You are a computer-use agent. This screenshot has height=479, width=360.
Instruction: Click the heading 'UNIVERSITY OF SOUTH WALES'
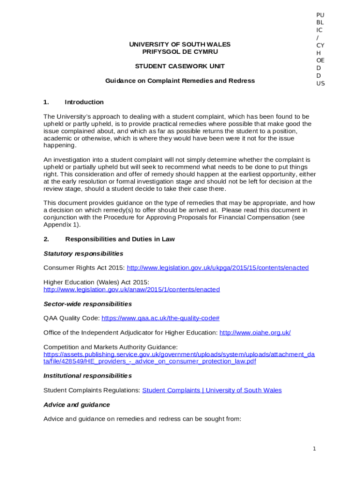pyautogui.click(x=180, y=44)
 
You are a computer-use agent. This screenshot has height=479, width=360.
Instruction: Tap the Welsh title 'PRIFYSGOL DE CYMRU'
pyautogui.click(x=180, y=52)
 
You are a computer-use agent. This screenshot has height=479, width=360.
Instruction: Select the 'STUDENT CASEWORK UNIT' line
pyautogui.click(x=180, y=66)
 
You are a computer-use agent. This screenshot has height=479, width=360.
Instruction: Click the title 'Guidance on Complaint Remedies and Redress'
pyautogui.click(x=180, y=81)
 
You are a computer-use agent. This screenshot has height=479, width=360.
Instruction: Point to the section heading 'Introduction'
pyautogui.click(x=84, y=102)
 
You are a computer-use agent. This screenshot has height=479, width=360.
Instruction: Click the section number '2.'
pyautogui.click(x=46, y=239)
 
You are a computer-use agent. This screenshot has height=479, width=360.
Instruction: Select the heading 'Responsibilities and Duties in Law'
pyautogui.click(x=120, y=239)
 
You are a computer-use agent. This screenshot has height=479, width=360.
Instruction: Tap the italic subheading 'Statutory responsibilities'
pyautogui.click(x=83, y=254)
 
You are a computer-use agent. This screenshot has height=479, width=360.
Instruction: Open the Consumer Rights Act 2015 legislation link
pyautogui.click(x=217, y=268)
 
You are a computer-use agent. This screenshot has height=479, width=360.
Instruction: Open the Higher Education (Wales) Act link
pyautogui.click(x=131, y=290)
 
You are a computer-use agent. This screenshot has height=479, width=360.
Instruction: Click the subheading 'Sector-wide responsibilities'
pyautogui.click(x=87, y=304)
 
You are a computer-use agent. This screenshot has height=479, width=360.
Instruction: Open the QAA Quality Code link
pyautogui.click(x=160, y=319)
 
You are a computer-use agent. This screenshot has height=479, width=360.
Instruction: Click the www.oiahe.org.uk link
pyautogui.click(x=255, y=333)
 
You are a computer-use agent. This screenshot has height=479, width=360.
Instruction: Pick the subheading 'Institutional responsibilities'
pyautogui.click(x=87, y=376)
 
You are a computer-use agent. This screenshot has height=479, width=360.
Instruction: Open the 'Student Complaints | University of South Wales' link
pyautogui.click(x=212, y=390)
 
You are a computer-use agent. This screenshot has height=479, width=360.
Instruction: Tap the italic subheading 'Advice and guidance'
pyautogui.click(x=77, y=405)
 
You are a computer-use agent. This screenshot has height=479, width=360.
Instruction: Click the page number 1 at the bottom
pyautogui.click(x=314, y=449)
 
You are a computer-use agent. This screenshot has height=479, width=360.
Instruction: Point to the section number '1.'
pyautogui.click(x=46, y=102)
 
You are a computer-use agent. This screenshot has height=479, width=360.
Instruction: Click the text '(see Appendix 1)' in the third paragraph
pyautogui.click(x=61, y=225)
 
